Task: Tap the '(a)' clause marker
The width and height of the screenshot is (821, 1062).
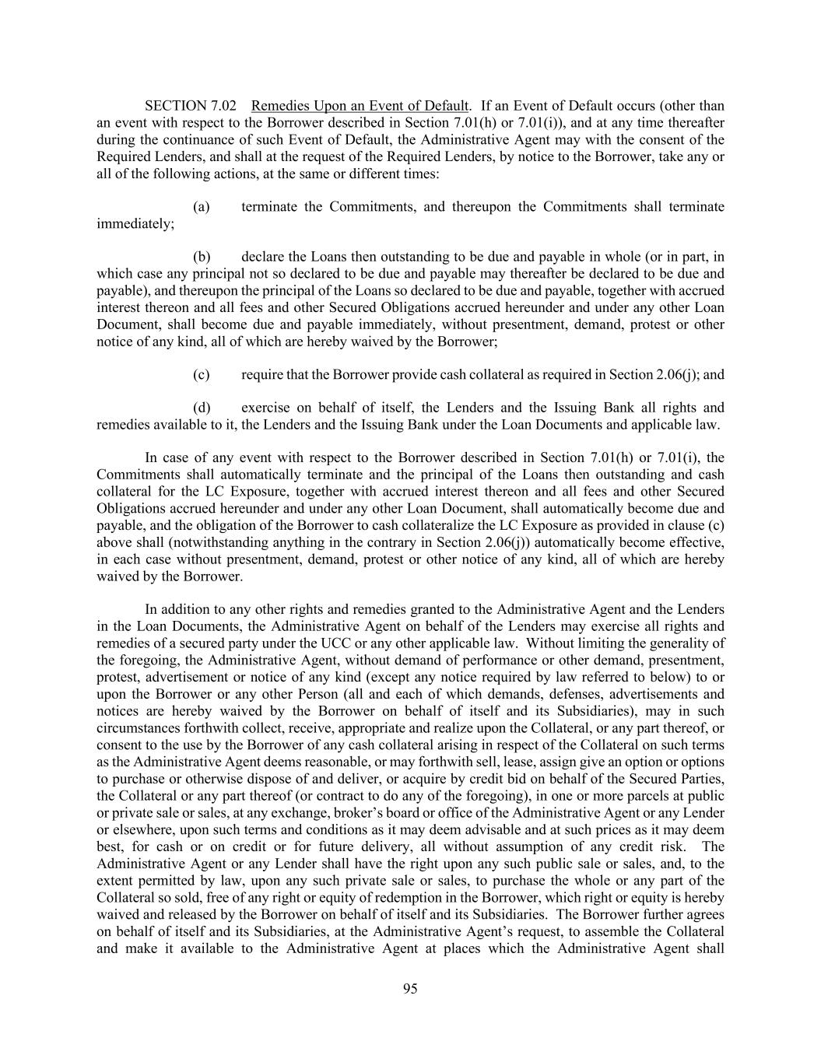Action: [202, 207]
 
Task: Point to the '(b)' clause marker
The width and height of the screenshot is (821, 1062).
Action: [202, 257]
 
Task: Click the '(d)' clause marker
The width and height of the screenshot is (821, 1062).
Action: [202, 408]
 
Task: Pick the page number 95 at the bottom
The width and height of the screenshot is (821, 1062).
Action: [410, 989]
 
